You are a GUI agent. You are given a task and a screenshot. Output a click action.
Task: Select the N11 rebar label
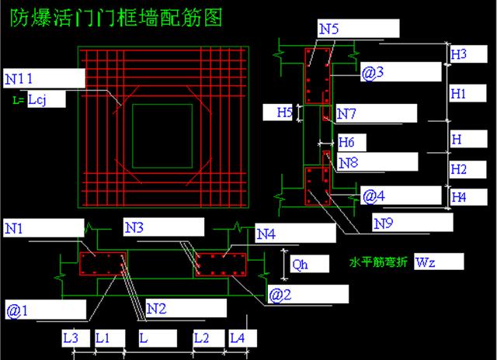22,78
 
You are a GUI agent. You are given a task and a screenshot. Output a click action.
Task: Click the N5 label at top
328,28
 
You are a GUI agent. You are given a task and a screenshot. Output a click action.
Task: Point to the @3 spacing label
373,73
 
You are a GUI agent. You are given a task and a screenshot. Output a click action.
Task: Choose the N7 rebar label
346,114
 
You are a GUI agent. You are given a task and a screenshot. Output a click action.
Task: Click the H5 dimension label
285,113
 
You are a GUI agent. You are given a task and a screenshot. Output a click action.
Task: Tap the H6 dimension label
346,143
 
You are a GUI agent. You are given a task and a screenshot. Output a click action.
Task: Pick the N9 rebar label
384,223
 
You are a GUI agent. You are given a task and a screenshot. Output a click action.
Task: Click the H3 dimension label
459,54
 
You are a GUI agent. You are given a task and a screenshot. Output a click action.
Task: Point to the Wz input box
438,261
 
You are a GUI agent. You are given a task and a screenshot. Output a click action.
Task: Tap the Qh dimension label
300,263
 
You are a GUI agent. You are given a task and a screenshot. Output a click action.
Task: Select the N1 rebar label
15,228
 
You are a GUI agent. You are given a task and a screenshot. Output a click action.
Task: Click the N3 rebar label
134,228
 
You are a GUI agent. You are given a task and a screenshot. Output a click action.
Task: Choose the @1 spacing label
18,311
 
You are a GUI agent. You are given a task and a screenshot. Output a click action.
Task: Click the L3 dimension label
71,338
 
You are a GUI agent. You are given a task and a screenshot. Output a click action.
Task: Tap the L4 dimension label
237,338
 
